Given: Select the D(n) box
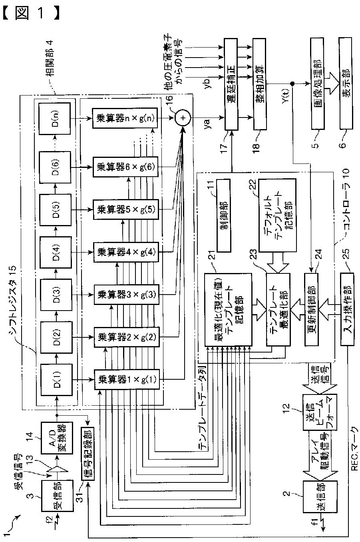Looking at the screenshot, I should pyautogui.click(x=56, y=118).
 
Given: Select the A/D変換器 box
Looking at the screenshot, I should pyautogui.click(x=57, y=438).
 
